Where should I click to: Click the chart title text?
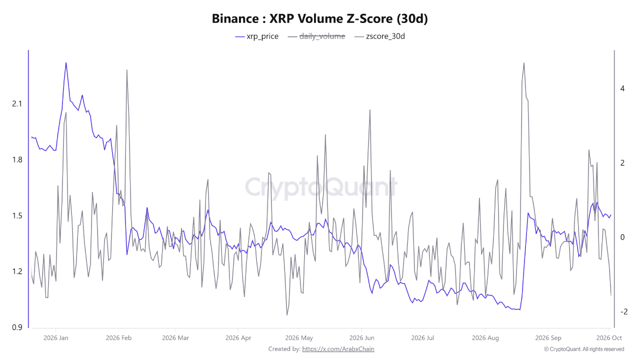coord(319,18)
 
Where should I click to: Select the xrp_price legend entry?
coord(256,36)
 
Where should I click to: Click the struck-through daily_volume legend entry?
coord(316,36)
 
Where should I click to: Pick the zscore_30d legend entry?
coord(379,36)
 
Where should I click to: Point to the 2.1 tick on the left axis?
coord(17,103)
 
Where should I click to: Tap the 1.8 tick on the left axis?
coord(17,159)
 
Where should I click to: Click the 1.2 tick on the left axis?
coord(17,271)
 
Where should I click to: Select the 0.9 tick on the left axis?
coord(17,327)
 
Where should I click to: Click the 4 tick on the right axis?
coord(622,88)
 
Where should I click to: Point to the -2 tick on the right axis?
coord(623,311)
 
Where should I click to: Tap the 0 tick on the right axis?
coord(622,237)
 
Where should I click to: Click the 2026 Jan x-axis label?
coord(55,338)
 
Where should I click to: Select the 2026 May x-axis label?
coord(299,338)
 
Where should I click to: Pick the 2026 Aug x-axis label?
coord(485,338)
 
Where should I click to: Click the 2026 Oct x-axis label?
coord(609,338)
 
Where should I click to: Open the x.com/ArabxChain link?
coord(338,349)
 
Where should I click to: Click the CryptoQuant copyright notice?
coord(584,349)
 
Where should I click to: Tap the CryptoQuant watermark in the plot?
coord(321,187)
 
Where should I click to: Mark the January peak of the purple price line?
coord(66,62)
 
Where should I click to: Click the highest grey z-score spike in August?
coord(523,63)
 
